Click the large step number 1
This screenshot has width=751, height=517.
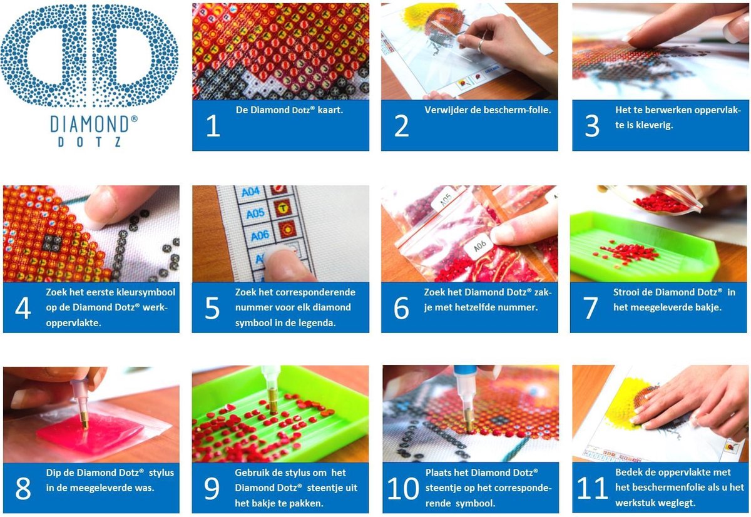point(213,126)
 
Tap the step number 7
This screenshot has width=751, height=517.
point(590,308)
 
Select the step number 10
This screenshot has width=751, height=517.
point(403,488)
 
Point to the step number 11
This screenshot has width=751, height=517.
point(593,488)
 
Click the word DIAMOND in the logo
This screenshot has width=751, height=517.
point(89,124)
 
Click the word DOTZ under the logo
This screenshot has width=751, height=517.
point(89,142)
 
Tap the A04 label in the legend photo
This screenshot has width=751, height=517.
point(251,192)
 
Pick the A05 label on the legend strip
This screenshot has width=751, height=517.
point(255,213)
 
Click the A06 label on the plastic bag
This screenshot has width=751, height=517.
point(480,246)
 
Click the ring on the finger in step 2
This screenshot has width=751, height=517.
point(480,45)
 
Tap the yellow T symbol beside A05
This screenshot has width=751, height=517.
point(283,208)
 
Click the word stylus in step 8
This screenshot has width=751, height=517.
point(161,473)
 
